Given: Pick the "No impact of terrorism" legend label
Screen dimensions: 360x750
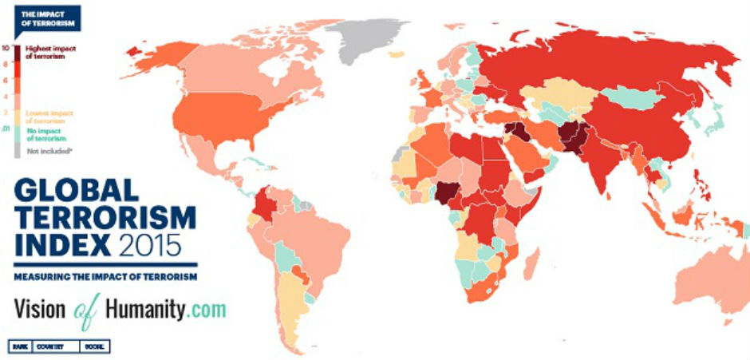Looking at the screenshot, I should click(x=46, y=134).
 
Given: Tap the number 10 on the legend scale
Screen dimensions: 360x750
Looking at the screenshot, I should click(x=6, y=49).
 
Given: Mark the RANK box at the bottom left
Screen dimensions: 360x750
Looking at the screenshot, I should click(x=20, y=347).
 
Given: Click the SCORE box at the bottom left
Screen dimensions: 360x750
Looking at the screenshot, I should click(x=95, y=347).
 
